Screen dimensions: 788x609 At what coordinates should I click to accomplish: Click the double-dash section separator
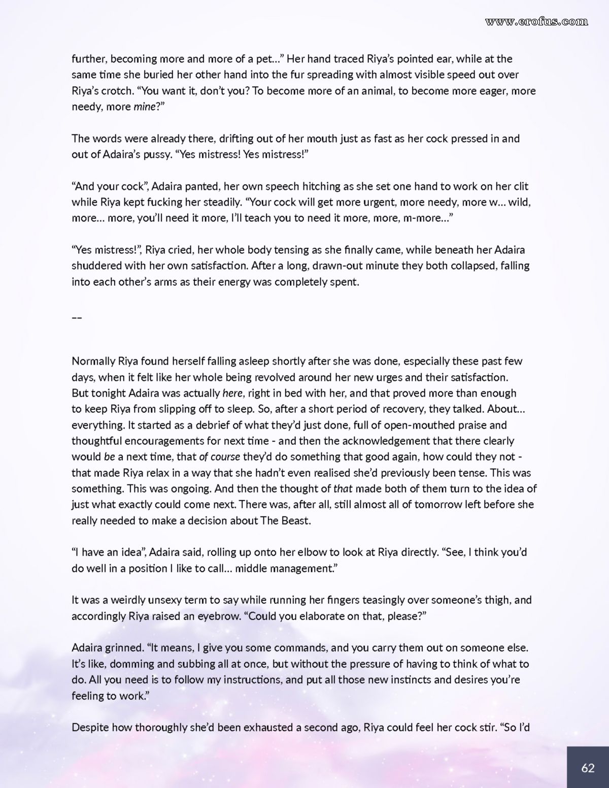77,318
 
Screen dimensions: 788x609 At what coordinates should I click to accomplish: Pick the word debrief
207,425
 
